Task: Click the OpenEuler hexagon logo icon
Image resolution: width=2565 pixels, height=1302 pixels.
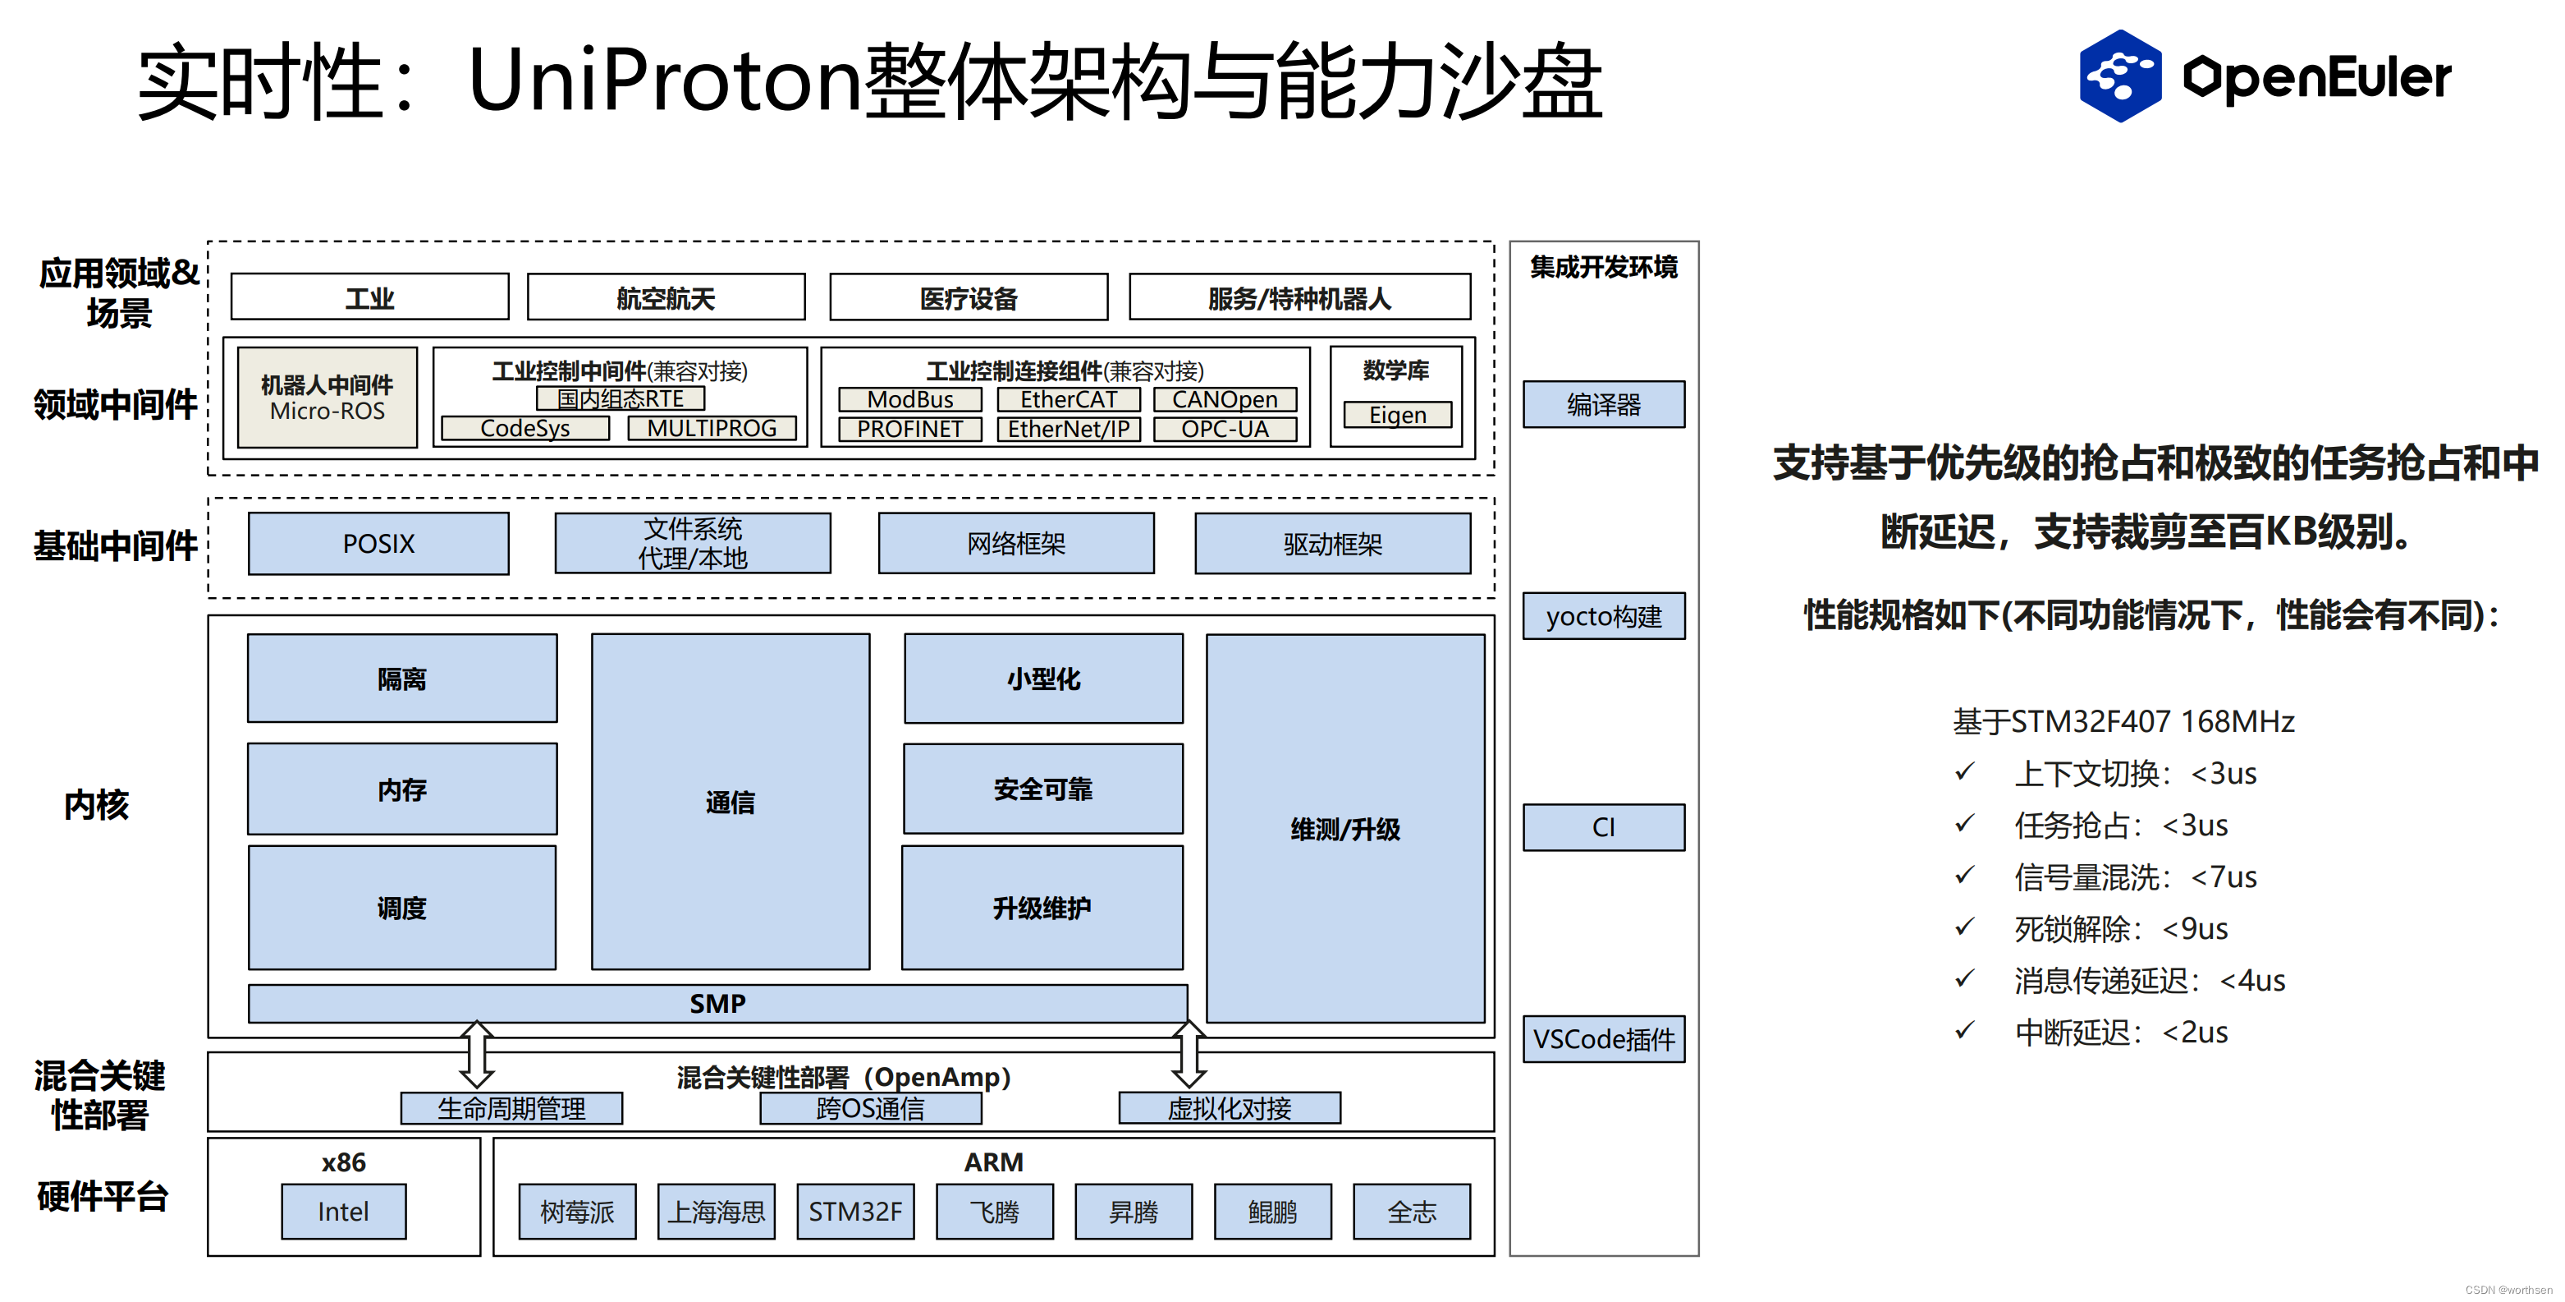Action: point(2119,76)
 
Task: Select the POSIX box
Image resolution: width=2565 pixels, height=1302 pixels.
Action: point(378,544)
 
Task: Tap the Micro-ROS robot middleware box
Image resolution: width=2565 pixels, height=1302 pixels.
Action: point(327,398)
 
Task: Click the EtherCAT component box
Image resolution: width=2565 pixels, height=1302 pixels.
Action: point(1069,399)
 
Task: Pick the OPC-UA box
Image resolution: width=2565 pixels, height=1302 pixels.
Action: point(1225,430)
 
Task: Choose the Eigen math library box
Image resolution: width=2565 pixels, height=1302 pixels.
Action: point(1397,414)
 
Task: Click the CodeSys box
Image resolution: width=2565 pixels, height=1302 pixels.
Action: point(524,428)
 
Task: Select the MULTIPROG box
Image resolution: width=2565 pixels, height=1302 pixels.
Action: point(712,428)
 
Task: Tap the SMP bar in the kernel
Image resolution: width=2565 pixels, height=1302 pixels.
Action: point(717,1003)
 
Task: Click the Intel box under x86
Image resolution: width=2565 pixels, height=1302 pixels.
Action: point(344,1212)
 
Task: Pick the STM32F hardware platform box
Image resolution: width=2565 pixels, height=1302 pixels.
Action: point(855,1212)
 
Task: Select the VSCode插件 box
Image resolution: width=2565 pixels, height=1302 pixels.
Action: point(1603,1039)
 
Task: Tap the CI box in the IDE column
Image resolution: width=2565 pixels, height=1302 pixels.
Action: point(1603,828)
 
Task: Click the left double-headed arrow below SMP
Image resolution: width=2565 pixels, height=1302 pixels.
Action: point(477,1053)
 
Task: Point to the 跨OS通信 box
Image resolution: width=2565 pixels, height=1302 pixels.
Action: point(870,1109)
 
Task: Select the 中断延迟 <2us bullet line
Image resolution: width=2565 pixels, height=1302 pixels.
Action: point(2121,1032)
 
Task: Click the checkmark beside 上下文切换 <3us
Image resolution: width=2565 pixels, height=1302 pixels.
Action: point(1964,772)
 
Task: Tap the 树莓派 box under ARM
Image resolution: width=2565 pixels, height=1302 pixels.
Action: point(578,1212)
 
